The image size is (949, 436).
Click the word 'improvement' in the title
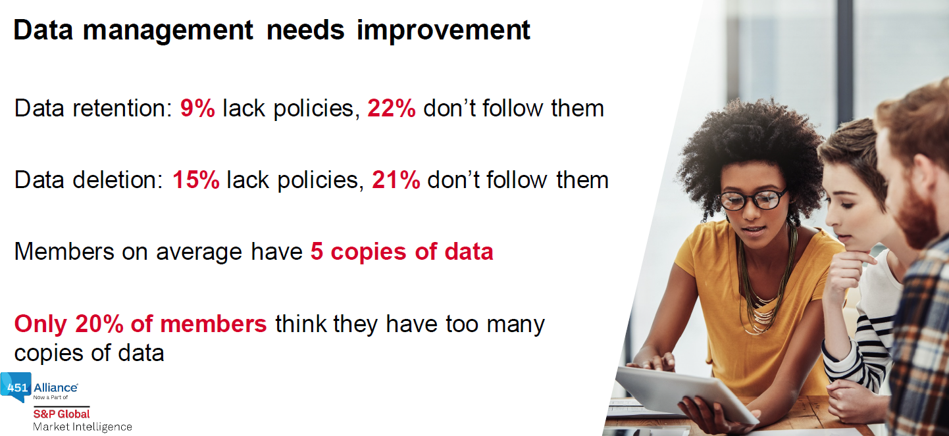[x=443, y=31]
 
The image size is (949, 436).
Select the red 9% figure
[x=197, y=108]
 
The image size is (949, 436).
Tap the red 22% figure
[x=392, y=108]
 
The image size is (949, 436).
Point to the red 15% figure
[x=196, y=180]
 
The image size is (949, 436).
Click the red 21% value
[x=396, y=180]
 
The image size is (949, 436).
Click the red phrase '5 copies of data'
[x=401, y=252]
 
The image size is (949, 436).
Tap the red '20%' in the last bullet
[x=99, y=324]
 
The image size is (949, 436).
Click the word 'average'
[x=199, y=253]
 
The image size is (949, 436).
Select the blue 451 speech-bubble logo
[x=16, y=387]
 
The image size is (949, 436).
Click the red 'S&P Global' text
[x=61, y=414]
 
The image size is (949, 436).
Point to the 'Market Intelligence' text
[x=83, y=427]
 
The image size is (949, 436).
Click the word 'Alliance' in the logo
[x=55, y=387]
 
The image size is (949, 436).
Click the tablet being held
[x=686, y=394]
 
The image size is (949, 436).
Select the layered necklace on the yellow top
[x=763, y=288]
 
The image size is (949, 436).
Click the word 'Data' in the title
[x=43, y=30]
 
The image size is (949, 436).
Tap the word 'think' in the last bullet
[x=301, y=324]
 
